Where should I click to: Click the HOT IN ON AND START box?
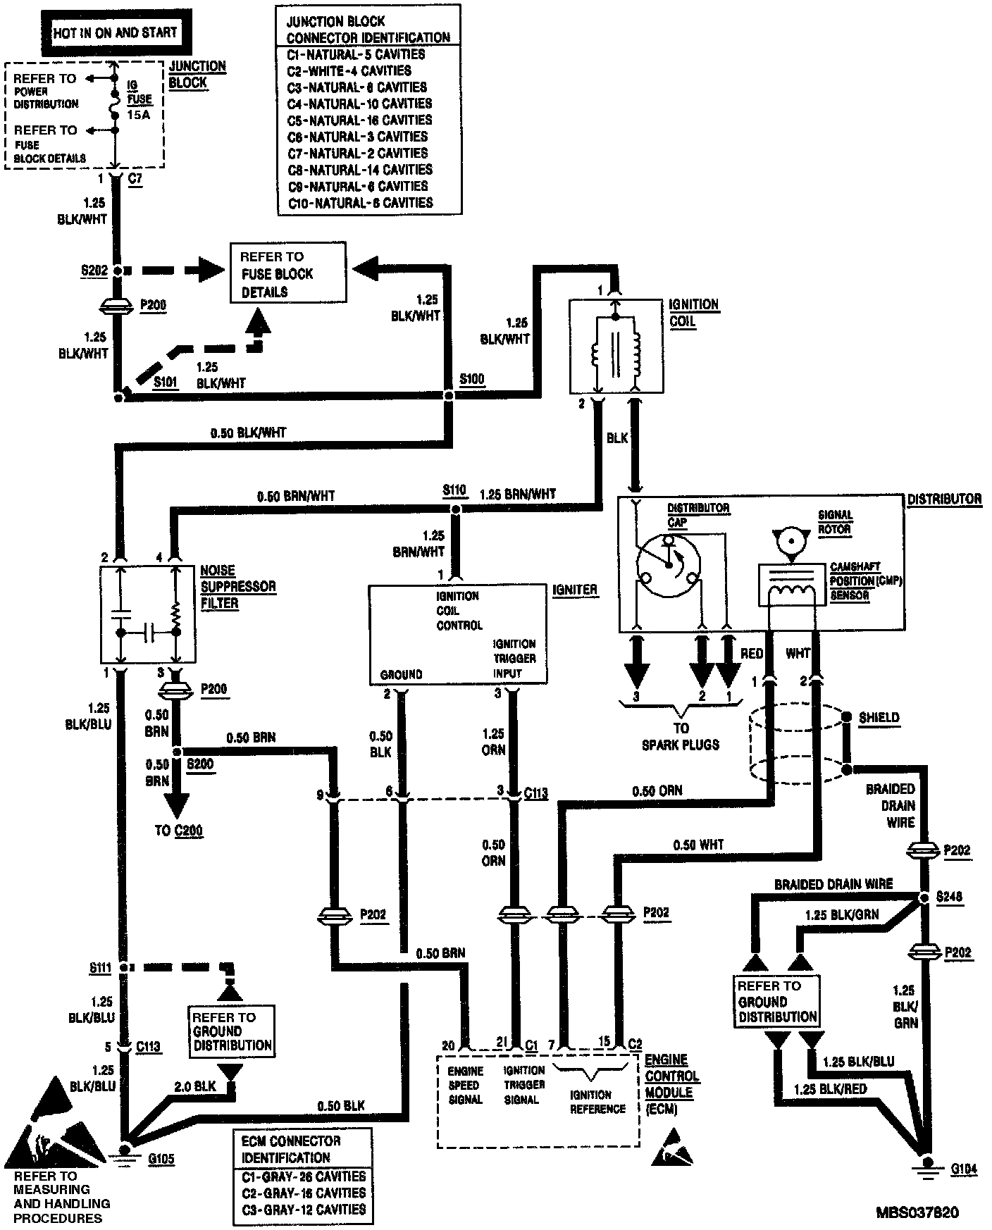pyautogui.click(x=115, y=32)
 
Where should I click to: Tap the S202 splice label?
pyautogui.click(x=95, y=269)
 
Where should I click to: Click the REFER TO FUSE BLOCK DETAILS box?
pyautogui.click(x=288, y=273)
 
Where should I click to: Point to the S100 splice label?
pyautogui.click(x=471, y=380)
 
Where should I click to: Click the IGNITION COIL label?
pyautogui.click(x=695, y=313)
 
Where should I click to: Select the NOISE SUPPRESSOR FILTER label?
pyautogui.click(x=228, y=587)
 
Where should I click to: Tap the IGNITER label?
pyautogui.click(x=575, y=590)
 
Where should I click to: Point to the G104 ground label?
pyautogui.click(x=963, y=1170)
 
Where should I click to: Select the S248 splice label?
pyautogui.click(x=948, y=897)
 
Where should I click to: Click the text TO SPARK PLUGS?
pyautogui.click(x=680, y=735)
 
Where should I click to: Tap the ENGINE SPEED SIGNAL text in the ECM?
pyautogui.click(x=466, y=1085)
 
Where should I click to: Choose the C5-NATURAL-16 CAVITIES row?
pyautogui.click(x=359, y=120)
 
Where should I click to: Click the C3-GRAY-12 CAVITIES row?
pyautogui.click(x=304, y=1209)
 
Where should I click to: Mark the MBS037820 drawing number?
pyautogui.click(x=917, y=1212)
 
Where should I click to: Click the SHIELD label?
pyautogui.click(x=879, y=717)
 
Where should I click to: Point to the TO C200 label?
pyautogui.click(x=178, y=831)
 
